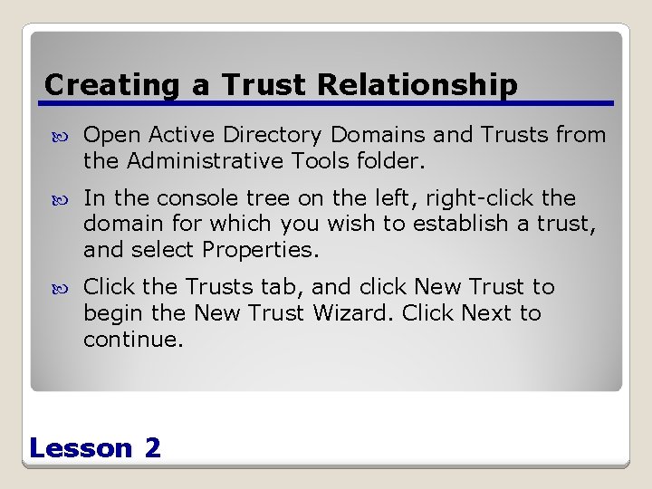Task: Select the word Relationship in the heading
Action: [417, 85]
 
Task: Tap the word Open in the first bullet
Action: [112, 135]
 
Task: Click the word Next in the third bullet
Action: [487, 313]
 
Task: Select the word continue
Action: [132, 340]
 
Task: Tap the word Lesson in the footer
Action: [81, 447]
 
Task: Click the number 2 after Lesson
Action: [152, 447]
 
